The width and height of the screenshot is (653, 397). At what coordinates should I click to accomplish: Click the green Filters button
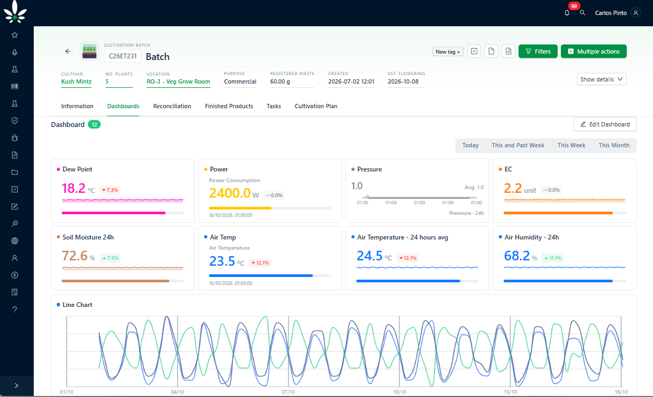(x=538, y=51)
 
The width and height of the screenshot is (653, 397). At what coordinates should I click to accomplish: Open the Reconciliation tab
(x=172, y=106)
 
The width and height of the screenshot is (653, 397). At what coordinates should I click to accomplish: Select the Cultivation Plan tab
(x=316, y=106)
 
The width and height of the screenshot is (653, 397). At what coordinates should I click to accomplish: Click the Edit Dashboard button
(x=605, y=124)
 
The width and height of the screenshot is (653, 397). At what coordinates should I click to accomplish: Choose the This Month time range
(x=614, y=145)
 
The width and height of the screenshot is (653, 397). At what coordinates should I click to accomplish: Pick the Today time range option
(x=470, y=145)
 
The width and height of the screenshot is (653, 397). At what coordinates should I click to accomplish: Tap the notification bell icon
(x=567, y=13)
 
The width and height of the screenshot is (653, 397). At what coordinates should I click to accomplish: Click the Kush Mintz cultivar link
(x=77, y=81)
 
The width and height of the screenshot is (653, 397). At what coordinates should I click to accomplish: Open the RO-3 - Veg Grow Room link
(x=178, y=81)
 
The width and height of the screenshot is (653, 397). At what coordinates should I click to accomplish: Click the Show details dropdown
(x=602, y=79)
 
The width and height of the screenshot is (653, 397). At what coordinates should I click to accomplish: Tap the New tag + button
(x=448, y=51)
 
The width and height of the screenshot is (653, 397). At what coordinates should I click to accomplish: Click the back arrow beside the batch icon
(x=67, y=51)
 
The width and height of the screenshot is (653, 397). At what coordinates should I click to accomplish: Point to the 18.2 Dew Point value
(x=73, y=188)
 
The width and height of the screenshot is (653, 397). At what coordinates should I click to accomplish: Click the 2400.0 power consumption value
(x=230, y=193)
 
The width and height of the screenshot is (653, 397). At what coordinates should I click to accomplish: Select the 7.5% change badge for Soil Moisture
(x=110, y=258)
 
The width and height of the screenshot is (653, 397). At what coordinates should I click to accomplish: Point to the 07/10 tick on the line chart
(x=288, y=392)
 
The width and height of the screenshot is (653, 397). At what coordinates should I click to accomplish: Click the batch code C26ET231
(x=123, y=56)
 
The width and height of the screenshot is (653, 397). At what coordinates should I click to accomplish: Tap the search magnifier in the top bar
(x=582, y=13)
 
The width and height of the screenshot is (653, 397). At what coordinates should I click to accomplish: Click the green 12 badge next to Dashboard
(x=94, y=124)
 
